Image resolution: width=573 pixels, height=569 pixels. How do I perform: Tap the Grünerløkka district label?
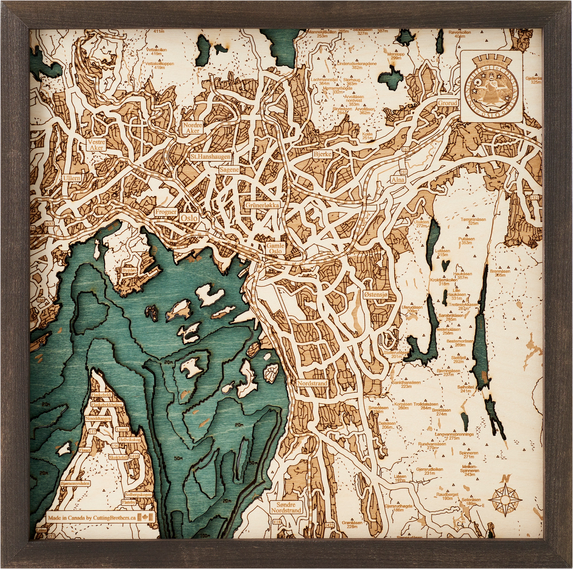click(262, 205)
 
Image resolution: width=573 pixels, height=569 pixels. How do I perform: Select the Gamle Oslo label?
click(275, 248)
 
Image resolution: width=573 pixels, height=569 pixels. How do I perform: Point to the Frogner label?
click(166, 212)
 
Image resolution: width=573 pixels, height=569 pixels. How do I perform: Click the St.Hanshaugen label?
click(211, 156)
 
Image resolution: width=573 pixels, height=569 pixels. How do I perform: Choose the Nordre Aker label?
click(193, 128)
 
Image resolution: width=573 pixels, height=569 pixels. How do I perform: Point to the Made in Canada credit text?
click(92, 518)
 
